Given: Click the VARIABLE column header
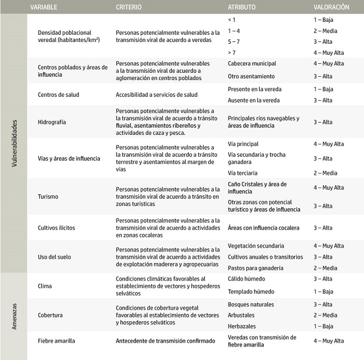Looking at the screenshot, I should [46, 7].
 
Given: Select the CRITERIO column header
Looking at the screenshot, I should [129, 7].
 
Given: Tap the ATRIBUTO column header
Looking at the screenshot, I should [242, 7].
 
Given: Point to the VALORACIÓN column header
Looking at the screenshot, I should [331, 7].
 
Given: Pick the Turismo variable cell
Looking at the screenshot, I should [48, 197].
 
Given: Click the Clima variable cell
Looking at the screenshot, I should [45, 286].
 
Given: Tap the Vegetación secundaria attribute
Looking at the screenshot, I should [256, 246].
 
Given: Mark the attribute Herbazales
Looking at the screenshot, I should [243, 326].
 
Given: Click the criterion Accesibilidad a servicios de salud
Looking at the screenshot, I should [157, 95].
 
